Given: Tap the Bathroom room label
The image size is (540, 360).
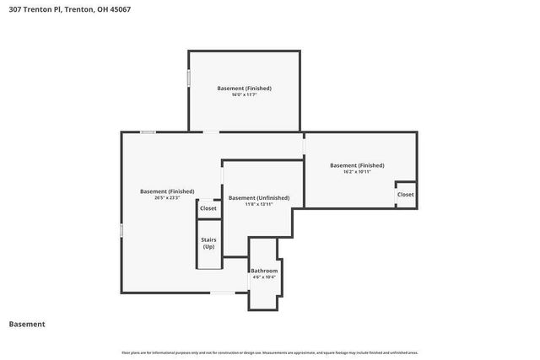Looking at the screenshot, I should [x=264, y=271].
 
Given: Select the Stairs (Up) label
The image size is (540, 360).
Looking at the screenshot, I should [x=208, y=243].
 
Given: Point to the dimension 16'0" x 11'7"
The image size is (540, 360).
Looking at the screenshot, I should [x=244, y=94].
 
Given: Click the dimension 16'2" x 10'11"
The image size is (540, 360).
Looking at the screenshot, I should [x=357, y=172].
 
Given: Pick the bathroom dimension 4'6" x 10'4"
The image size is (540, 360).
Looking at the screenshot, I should [x=264, y=277].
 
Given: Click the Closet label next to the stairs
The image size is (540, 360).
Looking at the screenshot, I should [x=208, y=208].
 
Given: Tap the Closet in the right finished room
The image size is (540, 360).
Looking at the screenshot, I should [x=406, y=194].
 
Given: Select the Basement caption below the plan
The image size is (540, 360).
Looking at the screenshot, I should [x=27, y=324].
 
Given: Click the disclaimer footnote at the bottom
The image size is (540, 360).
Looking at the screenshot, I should [x=270, y=352].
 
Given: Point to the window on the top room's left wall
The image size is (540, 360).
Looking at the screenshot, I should [x=188, y=78].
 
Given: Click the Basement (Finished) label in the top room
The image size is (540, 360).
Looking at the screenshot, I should [x=244, y=88].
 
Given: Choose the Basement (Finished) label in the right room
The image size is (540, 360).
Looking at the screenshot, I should [x=357, y=165].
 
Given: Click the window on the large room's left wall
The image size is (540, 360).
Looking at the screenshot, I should [x=121, y=229].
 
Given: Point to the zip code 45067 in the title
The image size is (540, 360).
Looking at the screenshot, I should [x=120, y=9].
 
